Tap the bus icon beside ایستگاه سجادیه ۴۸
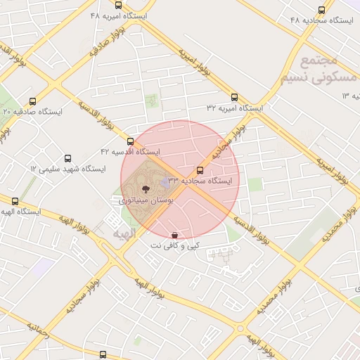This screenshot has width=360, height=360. (x=321, y=10)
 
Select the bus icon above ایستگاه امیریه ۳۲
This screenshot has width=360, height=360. (x=234, y=98)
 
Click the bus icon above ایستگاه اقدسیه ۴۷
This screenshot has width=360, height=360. (x=130, y=141)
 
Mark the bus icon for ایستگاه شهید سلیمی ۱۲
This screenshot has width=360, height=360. (x=67, y=159)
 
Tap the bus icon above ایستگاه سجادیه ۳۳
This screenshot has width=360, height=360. (x=200, y=170)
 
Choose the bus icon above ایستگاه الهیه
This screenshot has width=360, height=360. (x=15, y=201)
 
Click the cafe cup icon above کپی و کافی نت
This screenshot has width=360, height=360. (x=174, y=235)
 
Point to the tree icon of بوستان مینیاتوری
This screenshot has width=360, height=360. (x=145, y=188)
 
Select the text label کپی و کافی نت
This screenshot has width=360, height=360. (x=175, y=245)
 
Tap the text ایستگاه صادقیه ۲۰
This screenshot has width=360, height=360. (x=33, y=112)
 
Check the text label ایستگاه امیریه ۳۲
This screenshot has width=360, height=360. (x=234, y=109)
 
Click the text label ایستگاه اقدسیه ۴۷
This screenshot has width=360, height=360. (x=130, y=152)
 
